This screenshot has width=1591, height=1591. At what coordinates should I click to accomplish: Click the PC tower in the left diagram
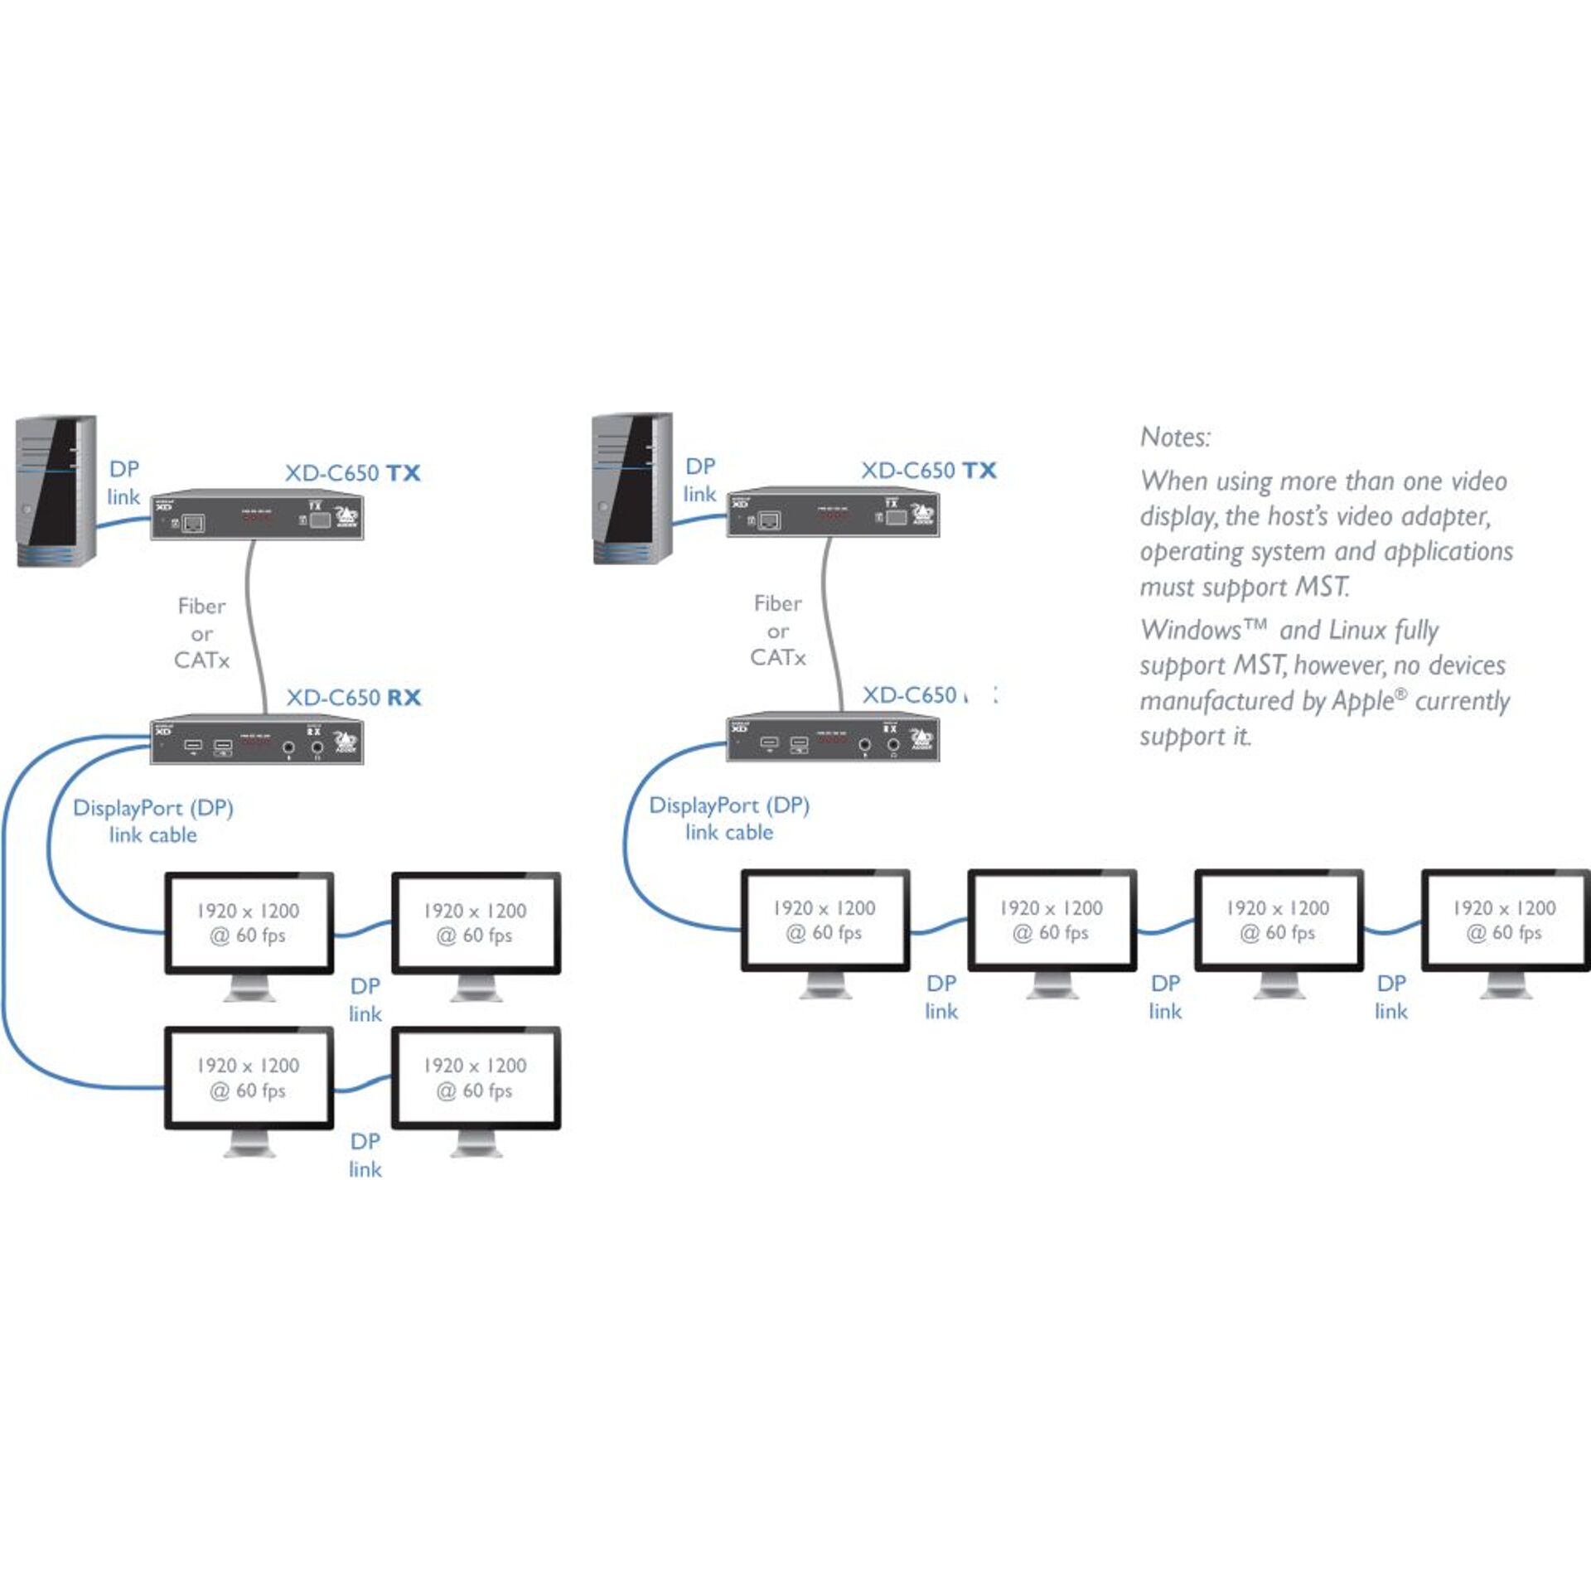click(56, 491)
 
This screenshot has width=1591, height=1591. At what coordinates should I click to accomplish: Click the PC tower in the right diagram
click(632, 488)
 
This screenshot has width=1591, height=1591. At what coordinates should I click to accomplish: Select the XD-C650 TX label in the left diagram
click(352, 473)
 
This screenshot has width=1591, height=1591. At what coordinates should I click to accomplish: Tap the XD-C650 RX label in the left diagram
click(353, 698)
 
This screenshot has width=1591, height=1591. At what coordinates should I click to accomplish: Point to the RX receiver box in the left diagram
click(257, 739)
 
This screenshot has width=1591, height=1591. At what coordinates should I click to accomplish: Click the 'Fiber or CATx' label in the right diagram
click(777, 631)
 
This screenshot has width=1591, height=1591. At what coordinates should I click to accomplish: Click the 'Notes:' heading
click(1175, 437)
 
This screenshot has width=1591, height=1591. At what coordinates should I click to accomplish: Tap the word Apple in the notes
click(1363, 701)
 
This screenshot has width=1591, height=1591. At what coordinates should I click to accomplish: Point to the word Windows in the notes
click(1190, 631)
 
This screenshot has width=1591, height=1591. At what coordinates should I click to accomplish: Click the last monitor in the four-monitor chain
click(1504, 920)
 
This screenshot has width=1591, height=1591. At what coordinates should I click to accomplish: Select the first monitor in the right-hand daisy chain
click(825, 920)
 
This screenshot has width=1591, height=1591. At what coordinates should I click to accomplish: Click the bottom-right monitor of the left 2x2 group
click(476, 1078)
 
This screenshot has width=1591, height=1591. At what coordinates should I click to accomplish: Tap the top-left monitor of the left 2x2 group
click(249, 923)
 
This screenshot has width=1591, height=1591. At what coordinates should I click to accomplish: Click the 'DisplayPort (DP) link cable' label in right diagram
click(729, 818)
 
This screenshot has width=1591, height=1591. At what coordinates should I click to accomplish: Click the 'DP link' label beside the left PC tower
click(123, 482)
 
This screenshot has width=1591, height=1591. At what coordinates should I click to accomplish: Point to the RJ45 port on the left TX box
click(193, 524)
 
